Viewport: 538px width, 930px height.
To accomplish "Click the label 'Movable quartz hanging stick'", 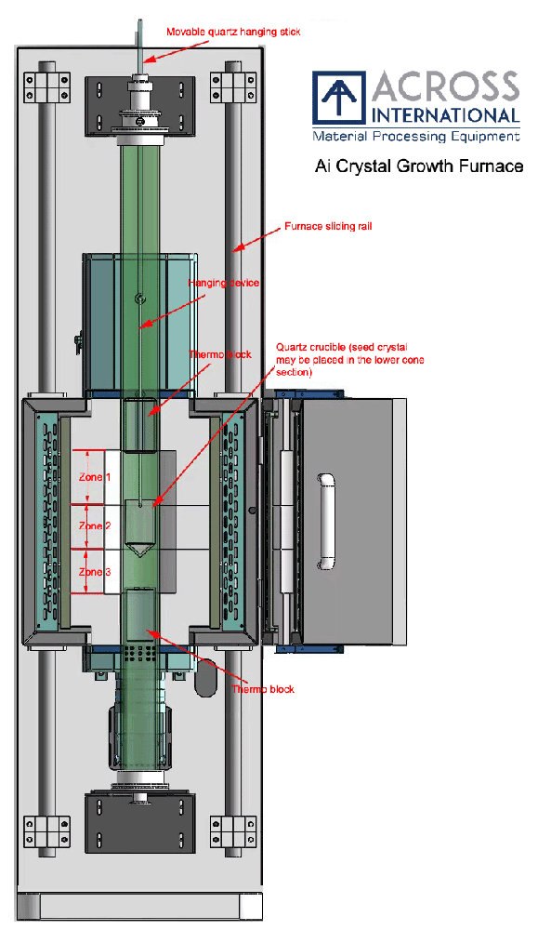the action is point(233,32).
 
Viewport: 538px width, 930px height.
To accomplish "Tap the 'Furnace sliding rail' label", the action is point(328,226).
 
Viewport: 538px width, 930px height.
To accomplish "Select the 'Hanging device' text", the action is point(223,283).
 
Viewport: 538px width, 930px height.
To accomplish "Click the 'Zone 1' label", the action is point(95,477).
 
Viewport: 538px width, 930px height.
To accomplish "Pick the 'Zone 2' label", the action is point(95,526).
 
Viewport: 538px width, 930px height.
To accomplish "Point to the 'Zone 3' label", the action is point(95,572).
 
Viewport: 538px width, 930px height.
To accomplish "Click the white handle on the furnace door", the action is point(327,522).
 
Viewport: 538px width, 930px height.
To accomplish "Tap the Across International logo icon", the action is point(339,98).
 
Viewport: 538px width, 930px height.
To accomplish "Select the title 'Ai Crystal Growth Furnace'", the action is point(419,166).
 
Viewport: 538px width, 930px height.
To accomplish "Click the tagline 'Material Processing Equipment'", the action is point(416,137).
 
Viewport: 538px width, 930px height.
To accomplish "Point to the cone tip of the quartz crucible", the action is point(139,556).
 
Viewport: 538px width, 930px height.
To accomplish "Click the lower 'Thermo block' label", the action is point(262,689).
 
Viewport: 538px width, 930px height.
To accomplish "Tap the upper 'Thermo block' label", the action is point(220,354).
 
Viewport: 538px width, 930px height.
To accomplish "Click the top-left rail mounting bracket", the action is point(46,87).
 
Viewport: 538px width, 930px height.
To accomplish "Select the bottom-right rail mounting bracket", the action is point(233,831).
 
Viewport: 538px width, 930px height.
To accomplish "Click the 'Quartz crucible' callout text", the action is point(349,359).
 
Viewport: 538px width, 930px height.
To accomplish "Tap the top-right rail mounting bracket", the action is point(233,87).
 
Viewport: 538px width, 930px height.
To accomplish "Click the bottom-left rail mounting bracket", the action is point(46,831).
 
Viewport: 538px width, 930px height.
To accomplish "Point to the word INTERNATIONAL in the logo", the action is point(446,115).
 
